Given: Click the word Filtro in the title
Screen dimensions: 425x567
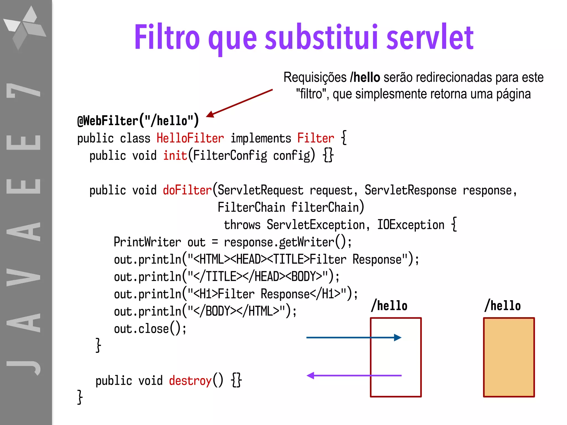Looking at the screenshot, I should [x=167, y=37].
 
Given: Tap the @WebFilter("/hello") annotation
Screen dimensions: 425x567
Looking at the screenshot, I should [x=138, y=121].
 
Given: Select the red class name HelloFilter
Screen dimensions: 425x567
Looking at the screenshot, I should [x=190, y=138].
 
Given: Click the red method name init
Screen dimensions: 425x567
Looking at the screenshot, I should [x=175, y=156].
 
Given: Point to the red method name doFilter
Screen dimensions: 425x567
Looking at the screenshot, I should [x=187, y=190].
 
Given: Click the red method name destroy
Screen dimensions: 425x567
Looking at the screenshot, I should [x=190, y=381].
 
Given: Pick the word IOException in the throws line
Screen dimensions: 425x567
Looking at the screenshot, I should [x=411, y=225].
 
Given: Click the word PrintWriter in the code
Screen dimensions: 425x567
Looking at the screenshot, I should [x=147, y=242].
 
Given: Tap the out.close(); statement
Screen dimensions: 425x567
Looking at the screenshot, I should [x=150, y=329].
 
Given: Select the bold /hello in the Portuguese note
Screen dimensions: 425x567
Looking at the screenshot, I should [x=365, y=77].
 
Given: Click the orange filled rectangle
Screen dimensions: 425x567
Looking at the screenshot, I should [x=509, y=357].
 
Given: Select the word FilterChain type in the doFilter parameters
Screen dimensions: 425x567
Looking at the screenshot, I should [x=251, y=208].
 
